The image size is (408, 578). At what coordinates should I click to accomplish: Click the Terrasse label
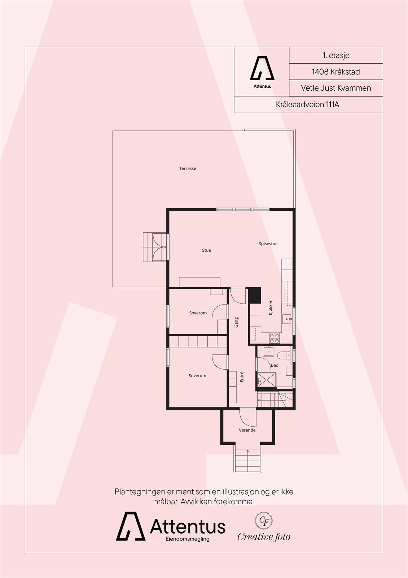coord(188,168)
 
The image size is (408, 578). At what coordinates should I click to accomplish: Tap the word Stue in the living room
coord(206,250)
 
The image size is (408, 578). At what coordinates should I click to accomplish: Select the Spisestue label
coord(268,243)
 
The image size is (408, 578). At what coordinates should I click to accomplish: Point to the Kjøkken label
coord(271,307)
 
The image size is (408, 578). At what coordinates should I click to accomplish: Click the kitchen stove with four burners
coord(275,338)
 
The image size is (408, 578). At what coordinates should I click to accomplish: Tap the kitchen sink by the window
coord(286,319)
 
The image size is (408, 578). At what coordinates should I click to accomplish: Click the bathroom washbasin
coord(269,351)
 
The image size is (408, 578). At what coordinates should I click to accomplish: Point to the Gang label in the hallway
coord(237,322)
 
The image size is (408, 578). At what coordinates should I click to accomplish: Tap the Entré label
coord(242,377)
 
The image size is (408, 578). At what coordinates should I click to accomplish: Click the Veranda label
coord(247,430)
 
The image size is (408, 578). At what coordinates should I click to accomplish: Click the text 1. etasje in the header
coord(336,55)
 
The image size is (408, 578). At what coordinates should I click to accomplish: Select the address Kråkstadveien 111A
coord(308,104)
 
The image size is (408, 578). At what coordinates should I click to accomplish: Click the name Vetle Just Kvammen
coord(336,88)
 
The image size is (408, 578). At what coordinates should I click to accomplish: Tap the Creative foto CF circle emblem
coord(264,521)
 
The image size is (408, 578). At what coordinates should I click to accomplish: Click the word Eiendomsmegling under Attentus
coord(187,539)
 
